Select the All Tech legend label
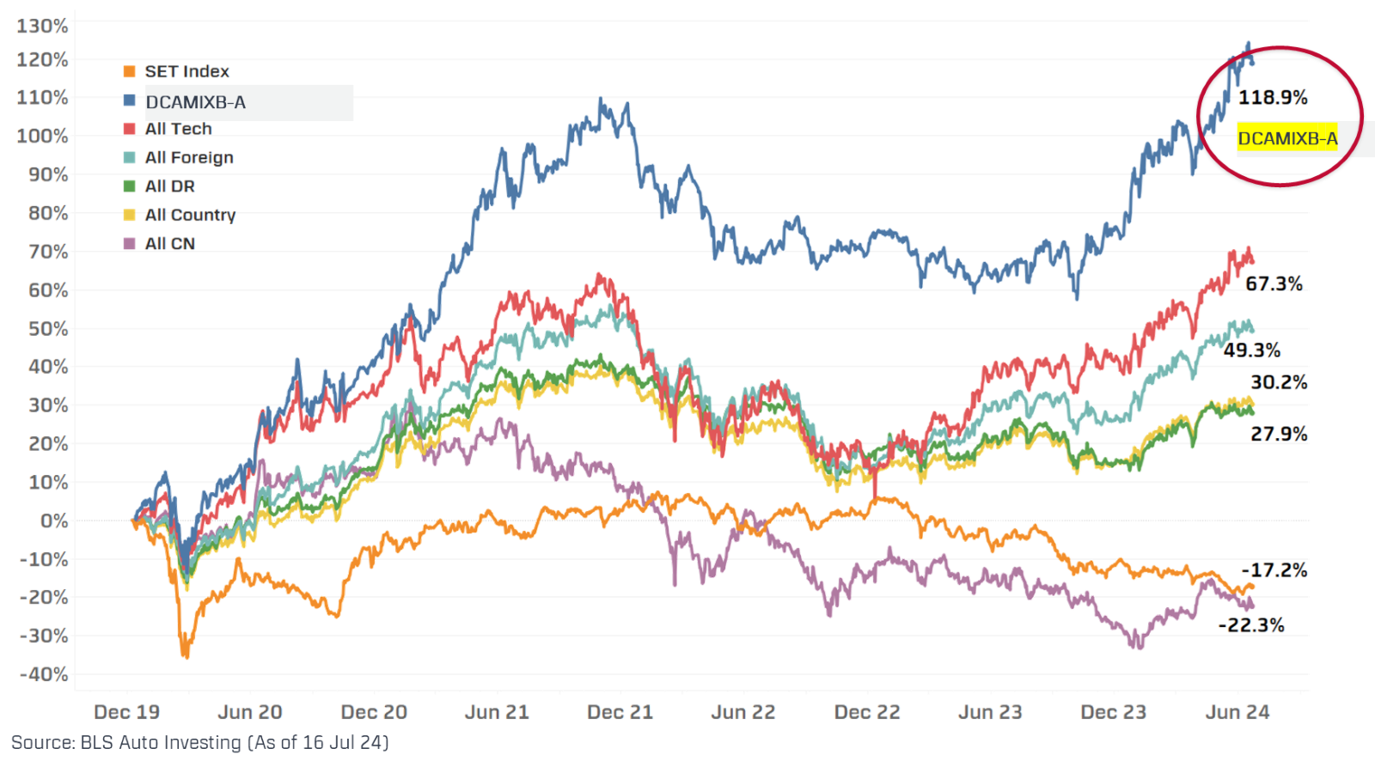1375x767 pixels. pos(178,129)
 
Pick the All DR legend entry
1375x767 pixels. pos(170,186)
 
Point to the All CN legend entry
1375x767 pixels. pos(170,244)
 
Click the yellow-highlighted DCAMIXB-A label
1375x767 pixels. pos(1287,138)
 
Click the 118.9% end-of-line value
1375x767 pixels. pos(1273,97)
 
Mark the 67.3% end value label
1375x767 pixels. pos(1274,283)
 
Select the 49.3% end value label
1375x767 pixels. pos(1252,350)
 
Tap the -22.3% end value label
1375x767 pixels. pos(1253,625)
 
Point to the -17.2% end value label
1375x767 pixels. pos(1275,569)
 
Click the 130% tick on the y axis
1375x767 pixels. pos(41,26)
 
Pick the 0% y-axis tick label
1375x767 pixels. pos(53,520)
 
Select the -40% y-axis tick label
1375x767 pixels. pos(43,674)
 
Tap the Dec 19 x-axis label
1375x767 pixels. pos(126,712)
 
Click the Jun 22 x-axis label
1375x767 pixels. pos(743,712)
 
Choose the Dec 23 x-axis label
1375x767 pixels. pos(1114,712)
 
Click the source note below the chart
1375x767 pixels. pos(199,742)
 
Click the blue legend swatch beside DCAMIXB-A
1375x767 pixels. pos(130,100)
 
